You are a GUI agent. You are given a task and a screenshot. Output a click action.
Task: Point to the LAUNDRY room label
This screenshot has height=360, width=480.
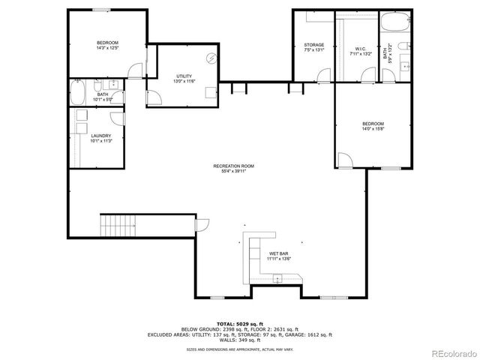(x=100, y=135)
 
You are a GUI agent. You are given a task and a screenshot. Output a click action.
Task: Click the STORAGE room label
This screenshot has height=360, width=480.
(x=314, y=45)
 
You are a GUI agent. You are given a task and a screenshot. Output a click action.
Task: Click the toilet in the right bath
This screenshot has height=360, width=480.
(x=402, y=50)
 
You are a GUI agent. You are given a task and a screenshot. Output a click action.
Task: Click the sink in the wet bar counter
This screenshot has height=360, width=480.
(x=277, y=279)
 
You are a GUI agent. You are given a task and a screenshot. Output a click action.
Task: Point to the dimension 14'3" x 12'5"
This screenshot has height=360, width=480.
(x=108, y=47)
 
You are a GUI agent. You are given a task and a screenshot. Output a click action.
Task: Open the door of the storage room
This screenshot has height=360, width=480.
(x=322, y=74)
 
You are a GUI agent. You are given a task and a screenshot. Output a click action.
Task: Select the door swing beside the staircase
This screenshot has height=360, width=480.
(x=202, y=223)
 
